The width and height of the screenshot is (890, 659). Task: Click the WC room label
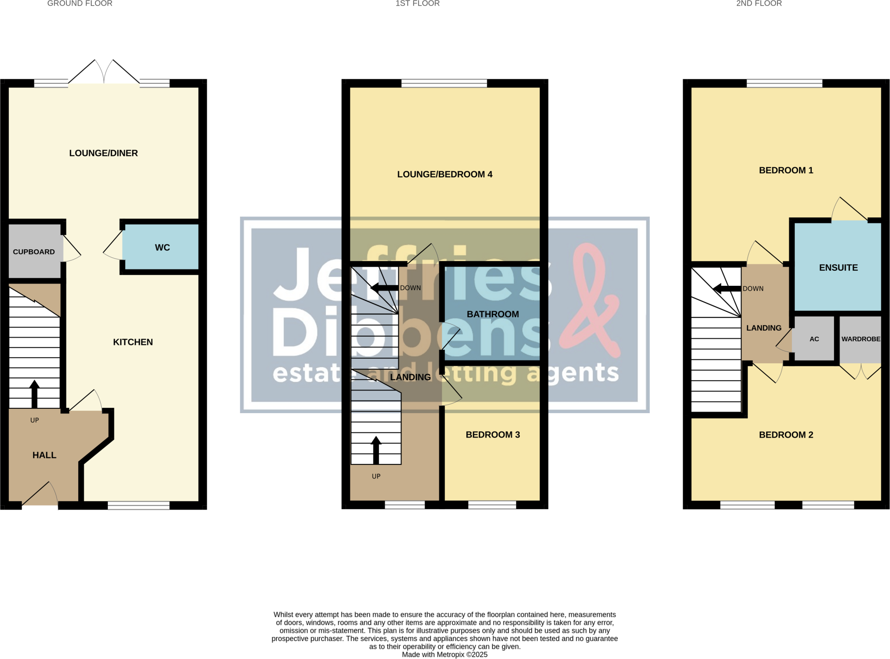162,248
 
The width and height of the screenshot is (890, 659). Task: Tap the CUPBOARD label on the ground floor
34,252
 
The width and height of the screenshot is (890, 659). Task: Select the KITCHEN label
133,342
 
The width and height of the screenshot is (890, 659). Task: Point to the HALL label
44,455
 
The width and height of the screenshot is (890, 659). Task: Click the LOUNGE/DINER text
103,153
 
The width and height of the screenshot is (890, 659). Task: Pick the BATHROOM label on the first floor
493,315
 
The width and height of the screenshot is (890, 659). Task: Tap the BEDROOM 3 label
493,435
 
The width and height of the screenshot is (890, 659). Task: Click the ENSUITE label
838,268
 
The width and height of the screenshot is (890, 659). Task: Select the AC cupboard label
814,339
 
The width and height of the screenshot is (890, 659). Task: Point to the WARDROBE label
860,339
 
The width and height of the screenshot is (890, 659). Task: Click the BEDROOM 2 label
786,435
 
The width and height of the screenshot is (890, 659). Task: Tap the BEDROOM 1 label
786,171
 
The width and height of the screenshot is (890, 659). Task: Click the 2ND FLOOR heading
759,4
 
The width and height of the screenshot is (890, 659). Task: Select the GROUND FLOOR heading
80,4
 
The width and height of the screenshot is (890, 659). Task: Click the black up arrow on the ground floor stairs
34,393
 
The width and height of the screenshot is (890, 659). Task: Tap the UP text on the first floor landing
376,477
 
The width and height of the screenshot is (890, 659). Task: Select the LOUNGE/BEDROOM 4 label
445,175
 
